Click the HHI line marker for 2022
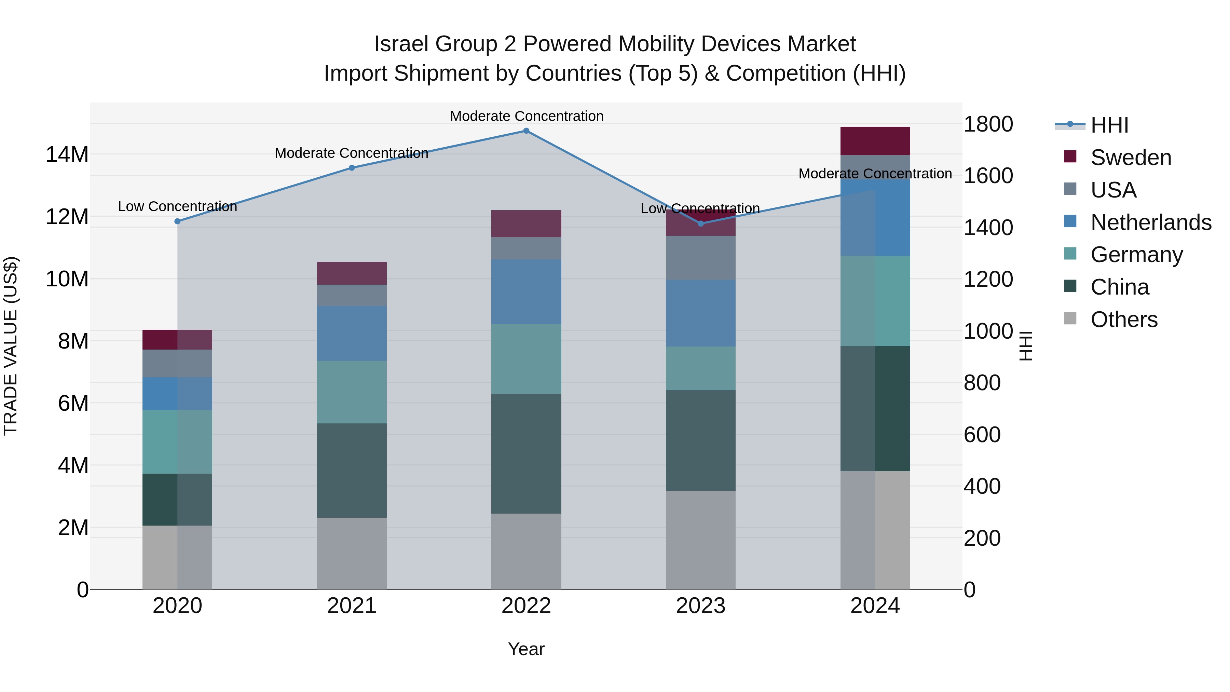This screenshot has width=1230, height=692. pos(526,131)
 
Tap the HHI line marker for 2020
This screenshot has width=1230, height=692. pos(178,221)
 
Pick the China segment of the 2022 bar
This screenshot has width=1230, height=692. pos(526,454)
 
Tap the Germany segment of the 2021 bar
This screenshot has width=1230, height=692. pos(352,392)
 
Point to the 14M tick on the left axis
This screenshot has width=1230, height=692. pos(67,155)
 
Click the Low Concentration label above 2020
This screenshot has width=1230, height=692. pos(178,207)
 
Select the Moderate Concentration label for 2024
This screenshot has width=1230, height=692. pos(875,174)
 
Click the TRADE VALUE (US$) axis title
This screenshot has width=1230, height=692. pos(11,346)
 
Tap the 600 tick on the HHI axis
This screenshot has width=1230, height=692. pos(982,435)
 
